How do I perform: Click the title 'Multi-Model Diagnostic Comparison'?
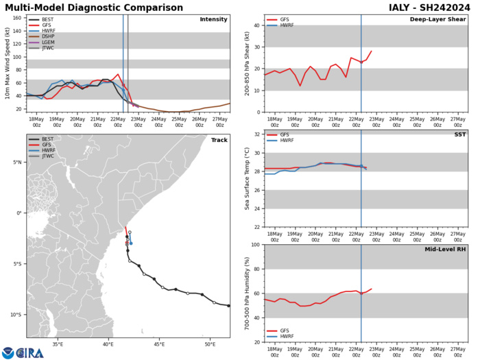click(x=102, y=7)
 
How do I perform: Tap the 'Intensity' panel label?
click(x=213, y=20)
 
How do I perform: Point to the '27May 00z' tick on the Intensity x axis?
click(x=219, y=121)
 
